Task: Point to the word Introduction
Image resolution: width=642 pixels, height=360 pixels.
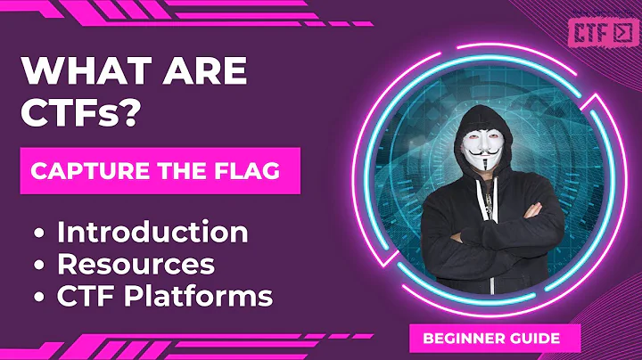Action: (x=152, y=233)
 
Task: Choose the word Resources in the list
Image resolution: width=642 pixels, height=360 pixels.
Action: (x=136, y=264)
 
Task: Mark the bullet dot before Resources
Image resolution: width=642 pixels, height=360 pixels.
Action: (x=40, y=266)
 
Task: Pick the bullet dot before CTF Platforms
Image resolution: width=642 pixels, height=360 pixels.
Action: (x=40, y=296)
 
